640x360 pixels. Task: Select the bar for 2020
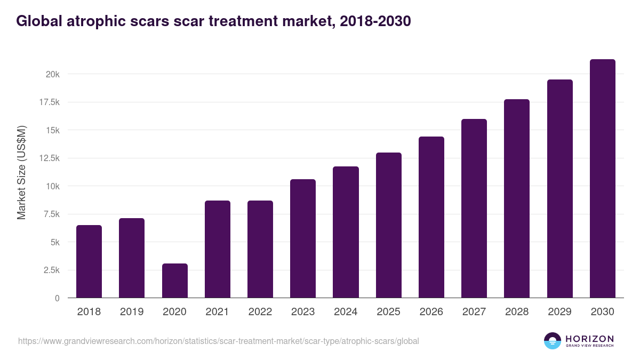[174, 281]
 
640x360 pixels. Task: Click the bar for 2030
[602, 179]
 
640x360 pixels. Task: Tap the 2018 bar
[89, 261]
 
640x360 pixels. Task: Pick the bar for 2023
[303, 238]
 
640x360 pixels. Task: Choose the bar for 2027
[474, 209]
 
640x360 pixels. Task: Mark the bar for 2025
[388, 225]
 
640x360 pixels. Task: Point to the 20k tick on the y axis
[52, 74]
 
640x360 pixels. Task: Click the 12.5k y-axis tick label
[49, 158]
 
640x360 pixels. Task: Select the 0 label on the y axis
[57, 298]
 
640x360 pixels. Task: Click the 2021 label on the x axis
[217, 312]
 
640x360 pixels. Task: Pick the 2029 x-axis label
[559, 312]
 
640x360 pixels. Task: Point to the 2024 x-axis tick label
[346, 312]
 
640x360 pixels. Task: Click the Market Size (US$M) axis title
[21, 173]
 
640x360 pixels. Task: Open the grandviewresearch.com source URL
[219, 341]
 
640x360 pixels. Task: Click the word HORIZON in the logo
[589, 339]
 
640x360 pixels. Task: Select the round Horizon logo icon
[553, 341]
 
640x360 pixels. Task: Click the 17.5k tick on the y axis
[49, 102]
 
